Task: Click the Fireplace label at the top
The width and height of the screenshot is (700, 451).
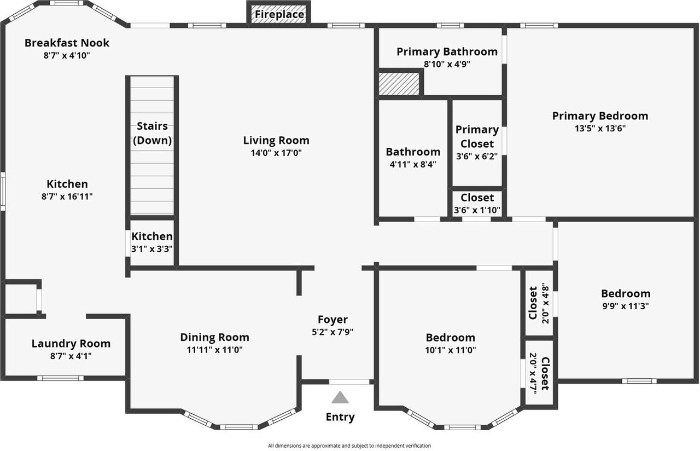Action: [279, 14]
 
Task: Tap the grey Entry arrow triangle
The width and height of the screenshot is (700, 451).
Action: [340, 397]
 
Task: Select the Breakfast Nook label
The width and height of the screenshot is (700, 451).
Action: [67, 43]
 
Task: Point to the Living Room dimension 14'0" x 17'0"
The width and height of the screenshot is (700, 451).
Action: [276, 153]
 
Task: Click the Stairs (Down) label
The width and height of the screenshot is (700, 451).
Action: [153, 133]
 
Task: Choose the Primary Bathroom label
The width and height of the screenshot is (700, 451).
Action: [447, 51]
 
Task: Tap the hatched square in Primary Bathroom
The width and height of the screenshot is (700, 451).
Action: [399, 84]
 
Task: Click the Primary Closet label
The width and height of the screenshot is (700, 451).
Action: [477, 136]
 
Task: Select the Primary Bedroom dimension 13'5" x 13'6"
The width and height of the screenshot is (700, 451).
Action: [600, 129]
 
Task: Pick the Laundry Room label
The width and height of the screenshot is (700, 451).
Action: [71, 344]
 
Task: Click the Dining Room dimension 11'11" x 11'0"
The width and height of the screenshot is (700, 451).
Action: [214, 350]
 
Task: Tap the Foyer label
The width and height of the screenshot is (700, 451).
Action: [332, 320]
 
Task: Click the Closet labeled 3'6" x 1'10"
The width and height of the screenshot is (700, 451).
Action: [477, 204]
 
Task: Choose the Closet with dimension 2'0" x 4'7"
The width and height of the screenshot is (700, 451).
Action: [539, 374]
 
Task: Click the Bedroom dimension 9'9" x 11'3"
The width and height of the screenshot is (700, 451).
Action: [626, 306]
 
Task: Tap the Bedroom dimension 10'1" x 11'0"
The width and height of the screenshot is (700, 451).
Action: [451, 350]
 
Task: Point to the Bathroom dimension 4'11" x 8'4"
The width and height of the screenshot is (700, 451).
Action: [413, 164]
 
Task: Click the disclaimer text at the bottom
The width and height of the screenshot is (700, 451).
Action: [349, 446]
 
